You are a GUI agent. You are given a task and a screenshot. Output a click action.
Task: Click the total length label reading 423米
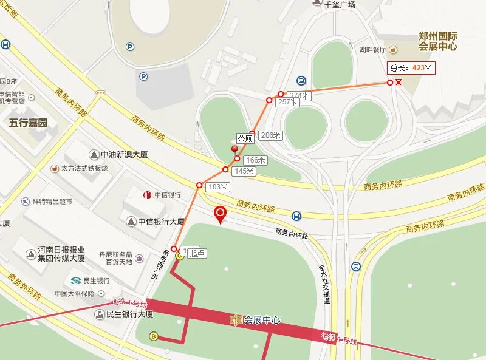click(x=411, y=69)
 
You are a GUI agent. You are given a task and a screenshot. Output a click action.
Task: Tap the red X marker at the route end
click(x=398, y=83)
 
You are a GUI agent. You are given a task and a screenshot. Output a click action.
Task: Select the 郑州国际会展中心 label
click(x=438, y=41)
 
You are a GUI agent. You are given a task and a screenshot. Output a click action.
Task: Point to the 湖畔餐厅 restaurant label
click(x=372, y=50)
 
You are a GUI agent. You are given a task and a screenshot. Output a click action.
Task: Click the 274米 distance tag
click(x=299, y=96)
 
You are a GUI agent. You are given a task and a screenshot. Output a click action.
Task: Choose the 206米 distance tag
click(x=269, y=135)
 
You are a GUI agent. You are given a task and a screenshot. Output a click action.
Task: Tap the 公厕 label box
click(x=244, y=138)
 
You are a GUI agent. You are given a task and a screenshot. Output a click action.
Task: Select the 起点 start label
click(x=196, y=253)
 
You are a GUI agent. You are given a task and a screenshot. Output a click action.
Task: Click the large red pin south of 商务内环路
click(x=221, y=215)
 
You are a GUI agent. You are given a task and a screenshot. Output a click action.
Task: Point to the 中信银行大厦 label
click(x=155, y=222)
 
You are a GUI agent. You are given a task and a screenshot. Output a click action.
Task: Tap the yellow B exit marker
click(x=154, y=336)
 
